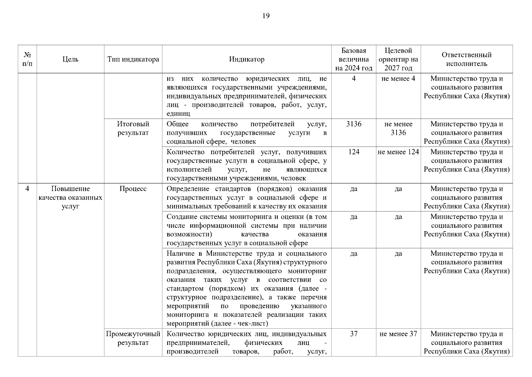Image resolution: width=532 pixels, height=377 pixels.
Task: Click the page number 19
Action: point(266,16)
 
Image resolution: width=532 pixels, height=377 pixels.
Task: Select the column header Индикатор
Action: point(246,59)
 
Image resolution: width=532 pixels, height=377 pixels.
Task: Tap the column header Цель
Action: point(70,59)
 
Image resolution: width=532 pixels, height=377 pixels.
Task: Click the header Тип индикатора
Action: point(133,59)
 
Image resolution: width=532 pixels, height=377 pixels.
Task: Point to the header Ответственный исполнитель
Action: point(466,59)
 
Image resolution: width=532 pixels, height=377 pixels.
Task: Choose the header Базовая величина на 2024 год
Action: point(354,59)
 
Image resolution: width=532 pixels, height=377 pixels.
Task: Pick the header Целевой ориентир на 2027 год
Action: point(398,59)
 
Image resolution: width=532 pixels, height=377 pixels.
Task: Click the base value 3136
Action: point(354,124)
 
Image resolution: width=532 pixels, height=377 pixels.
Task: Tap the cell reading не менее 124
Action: point(398,152)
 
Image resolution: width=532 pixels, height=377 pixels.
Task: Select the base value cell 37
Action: point(354,334)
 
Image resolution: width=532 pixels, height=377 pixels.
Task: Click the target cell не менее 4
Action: point(398,79)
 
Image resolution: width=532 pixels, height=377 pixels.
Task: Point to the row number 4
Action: point(27,189)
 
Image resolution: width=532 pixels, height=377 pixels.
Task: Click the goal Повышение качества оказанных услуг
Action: point(70,198)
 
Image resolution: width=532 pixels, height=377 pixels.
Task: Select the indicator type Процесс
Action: point(133,189)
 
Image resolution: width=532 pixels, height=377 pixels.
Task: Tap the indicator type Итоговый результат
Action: point(133,128)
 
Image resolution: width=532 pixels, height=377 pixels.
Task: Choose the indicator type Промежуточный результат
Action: point(133,338)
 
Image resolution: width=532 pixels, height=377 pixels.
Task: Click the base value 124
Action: point(354,152)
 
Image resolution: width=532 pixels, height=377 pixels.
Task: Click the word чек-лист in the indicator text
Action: point(251,324)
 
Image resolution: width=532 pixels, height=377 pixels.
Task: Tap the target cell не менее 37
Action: point(398,334)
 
